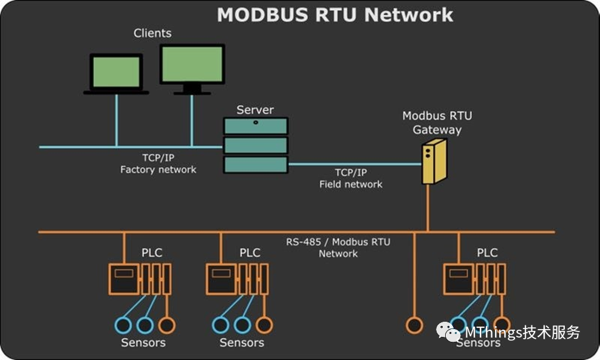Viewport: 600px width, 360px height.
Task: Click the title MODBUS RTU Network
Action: (x=335, y=14)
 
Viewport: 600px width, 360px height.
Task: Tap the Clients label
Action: (x=152, y=33)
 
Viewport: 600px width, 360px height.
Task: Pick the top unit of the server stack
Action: (x=255, y=126)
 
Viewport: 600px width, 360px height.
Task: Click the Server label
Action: (x=255, y=110)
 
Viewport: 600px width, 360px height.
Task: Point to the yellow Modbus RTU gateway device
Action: (x=434, y=161)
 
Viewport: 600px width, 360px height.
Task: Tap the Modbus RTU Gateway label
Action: (x=437, y=123)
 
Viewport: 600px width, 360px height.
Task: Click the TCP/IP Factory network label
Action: (x=158, y=164)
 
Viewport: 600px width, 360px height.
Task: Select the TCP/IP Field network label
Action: (x=351, y=178)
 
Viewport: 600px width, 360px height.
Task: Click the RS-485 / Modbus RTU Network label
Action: (x=338, y=248)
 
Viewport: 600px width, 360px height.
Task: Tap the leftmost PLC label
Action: (x=151, y=253)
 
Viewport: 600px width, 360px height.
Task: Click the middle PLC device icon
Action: (x=237, y=279)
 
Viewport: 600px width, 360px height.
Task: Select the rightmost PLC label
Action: (x=487, y=253)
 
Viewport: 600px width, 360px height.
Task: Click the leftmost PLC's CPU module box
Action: (x=124, y=279)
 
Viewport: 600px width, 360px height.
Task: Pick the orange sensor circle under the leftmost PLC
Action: (x=166, y=325)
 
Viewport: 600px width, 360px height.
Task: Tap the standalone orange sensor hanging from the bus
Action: (x=414, y=325)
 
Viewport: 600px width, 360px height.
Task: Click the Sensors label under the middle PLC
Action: (x=242, y=343)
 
